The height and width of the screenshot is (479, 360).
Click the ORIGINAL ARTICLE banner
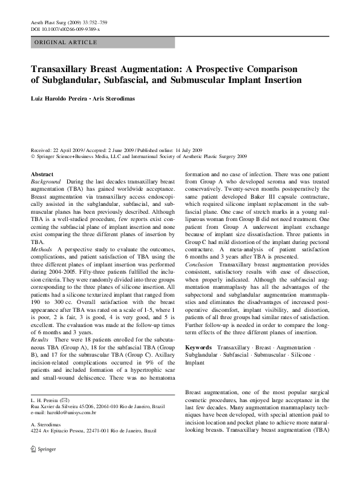(x=66, y=42)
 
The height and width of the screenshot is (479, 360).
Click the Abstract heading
(x=42, y=174)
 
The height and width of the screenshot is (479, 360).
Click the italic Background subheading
(x=46, y=182)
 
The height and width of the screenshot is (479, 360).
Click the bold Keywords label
(x=198, y=348)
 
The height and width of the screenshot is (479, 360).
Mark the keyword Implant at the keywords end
(x=195, y=362)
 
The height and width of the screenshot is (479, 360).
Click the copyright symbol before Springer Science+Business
(x=33, y=156)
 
